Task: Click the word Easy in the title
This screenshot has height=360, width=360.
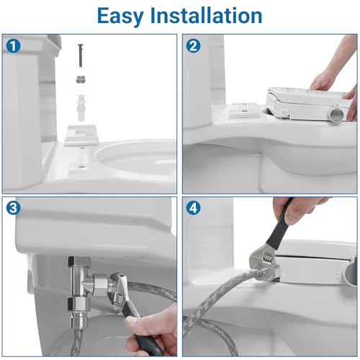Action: [125, 15]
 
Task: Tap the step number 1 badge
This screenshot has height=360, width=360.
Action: [13, 45]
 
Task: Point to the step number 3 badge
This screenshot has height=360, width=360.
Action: [13, 210]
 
